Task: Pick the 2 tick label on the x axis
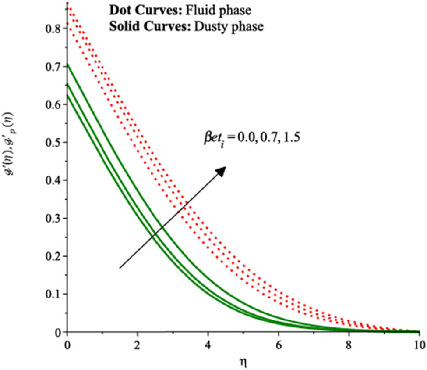click(138, 344)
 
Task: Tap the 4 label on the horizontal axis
click(208, 344)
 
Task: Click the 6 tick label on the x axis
click(279, 344)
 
